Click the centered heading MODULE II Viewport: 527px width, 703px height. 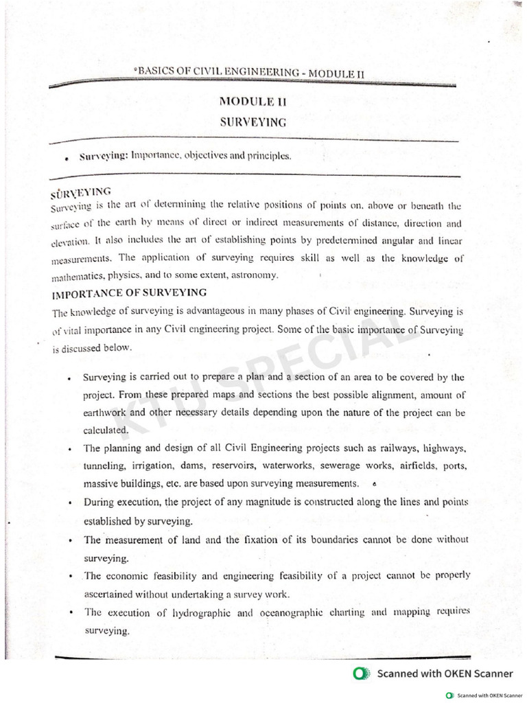click(x=253, y=102)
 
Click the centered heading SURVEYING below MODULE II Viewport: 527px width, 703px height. click(x=253, y=122)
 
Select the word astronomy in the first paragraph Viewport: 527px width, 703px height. click(x=254, y=275)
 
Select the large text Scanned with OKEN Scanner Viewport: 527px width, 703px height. click(x=445, y=673)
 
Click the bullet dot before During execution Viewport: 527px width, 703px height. click(x=71, y=504)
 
